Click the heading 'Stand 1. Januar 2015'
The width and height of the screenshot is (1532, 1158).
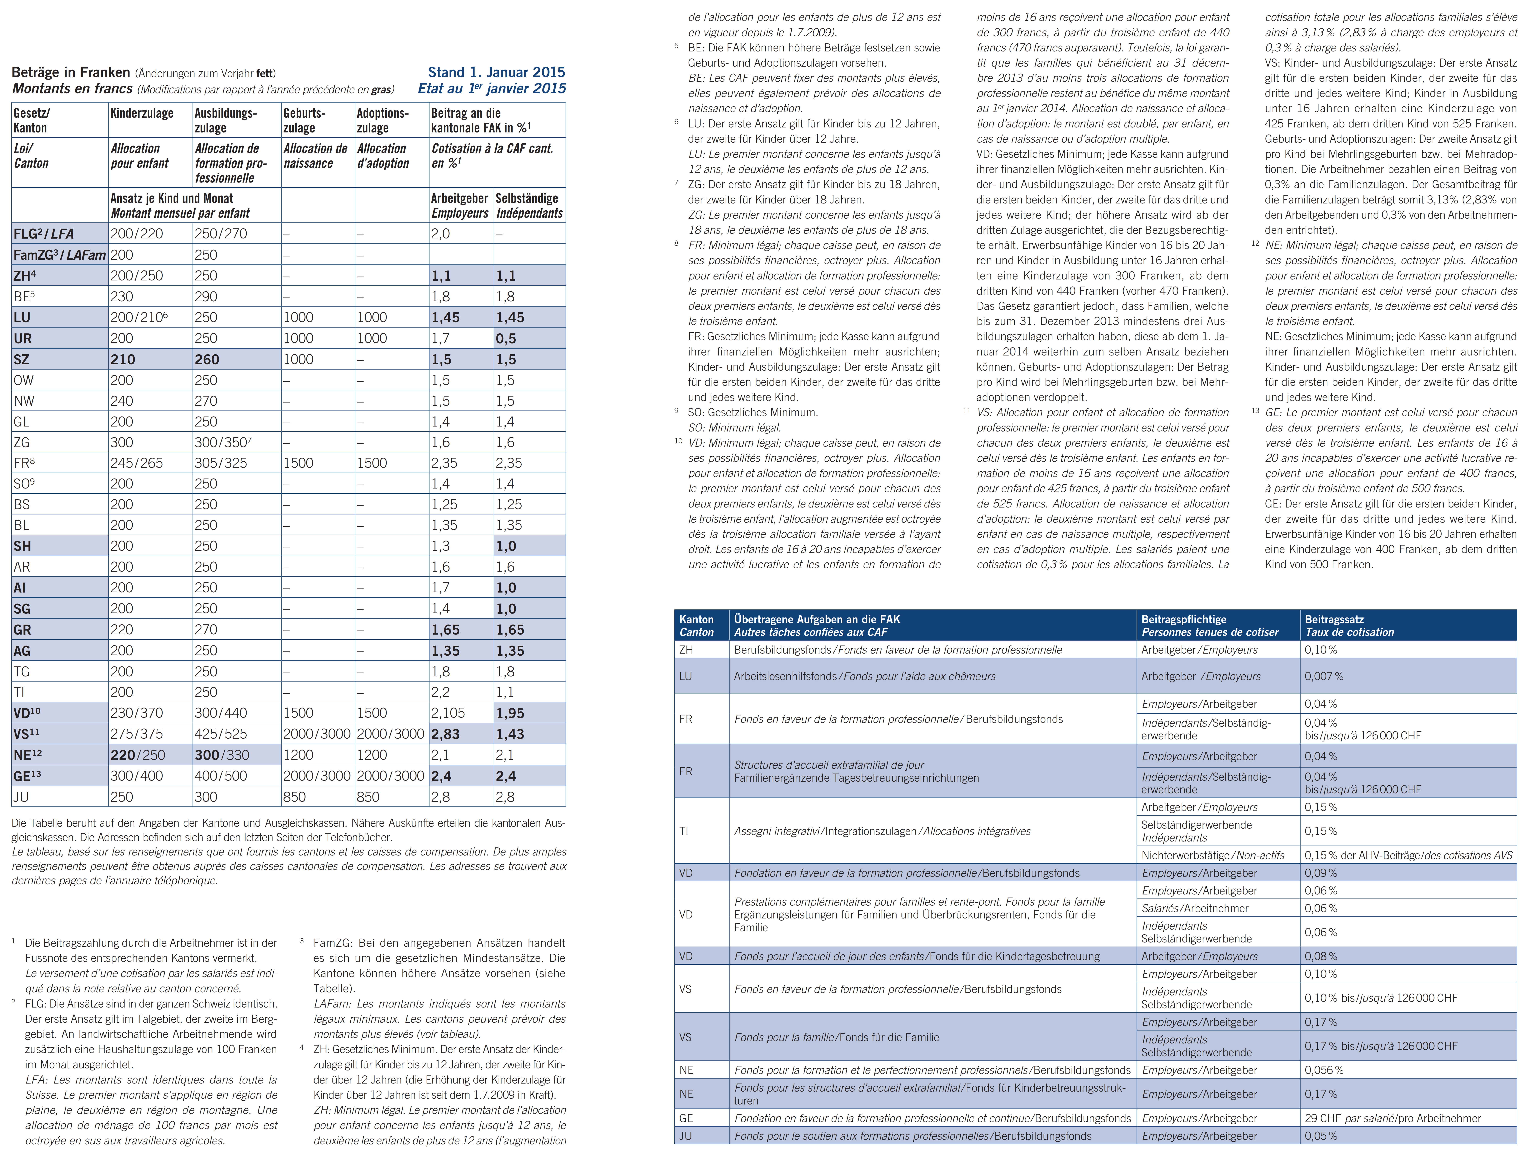496,72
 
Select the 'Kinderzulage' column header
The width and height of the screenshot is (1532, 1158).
142,113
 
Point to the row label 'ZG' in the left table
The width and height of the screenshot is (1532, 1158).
21,442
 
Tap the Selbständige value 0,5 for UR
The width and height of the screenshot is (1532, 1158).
506,339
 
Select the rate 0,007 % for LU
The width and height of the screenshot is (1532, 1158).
1324,676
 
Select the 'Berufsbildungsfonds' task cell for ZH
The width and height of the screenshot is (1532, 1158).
898,650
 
